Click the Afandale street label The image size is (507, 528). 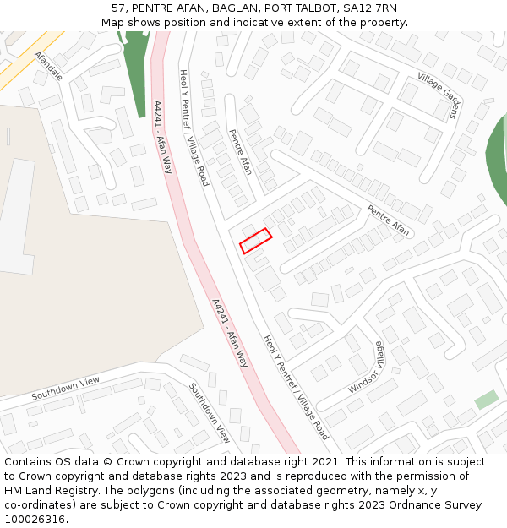click(49, 66)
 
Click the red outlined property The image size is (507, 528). click(255, 240)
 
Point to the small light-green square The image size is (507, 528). click(486, 400)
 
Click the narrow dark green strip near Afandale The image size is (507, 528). click(135, 72)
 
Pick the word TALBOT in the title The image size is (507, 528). click(317, 8)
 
